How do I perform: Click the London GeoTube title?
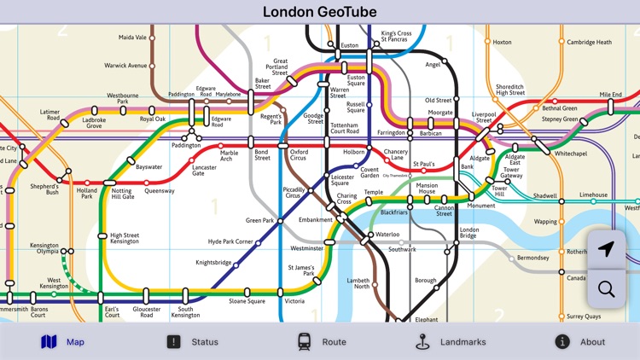pyautogui.click(x=320, y=12)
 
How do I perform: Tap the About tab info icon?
pyautogui.click(x=562, y=342)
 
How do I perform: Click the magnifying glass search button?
pyautogui.click(x=606, y=289)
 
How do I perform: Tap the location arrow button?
pyautogui.click(x=606, y=249)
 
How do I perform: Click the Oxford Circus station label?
pyautogui.click(x=298, y=154)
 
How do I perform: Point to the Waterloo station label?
pyautogui.click(x=387, y=234)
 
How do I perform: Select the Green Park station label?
pyautogui.click(x=259, y=221)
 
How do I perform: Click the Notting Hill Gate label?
pyautogui.click(x=122, y=193)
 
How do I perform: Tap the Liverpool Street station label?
pyautogui.click(x=484, y=118)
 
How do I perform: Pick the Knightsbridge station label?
pyautogui.click(x=213, y=264)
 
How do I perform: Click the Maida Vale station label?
pyautogui.click(x=132, y=38)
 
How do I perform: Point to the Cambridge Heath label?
pyautogui.click(x=590, y=42)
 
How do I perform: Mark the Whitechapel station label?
pyautogui.click(x=571, y=154)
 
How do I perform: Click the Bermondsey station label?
pyautogui.click(x=532, y=258)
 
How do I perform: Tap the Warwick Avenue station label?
pyautogui.click(x=125, y=66)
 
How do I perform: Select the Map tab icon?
pyautogui.click(x=49, y=342)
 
